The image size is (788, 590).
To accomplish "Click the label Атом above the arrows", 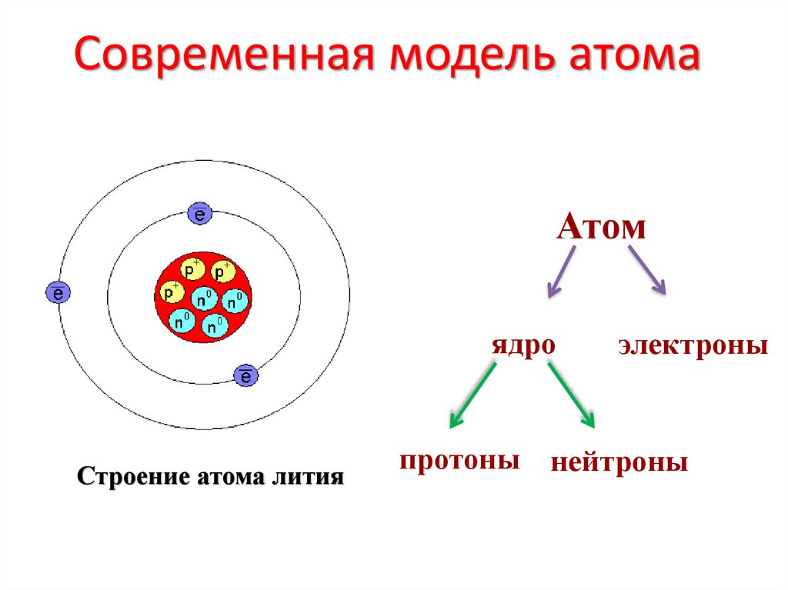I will [x=600, y=228].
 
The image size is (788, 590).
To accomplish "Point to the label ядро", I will [x=523, y=345].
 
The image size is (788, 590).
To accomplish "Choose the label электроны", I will [x=693, y=345].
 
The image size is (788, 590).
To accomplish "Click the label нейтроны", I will [x=619, y=464].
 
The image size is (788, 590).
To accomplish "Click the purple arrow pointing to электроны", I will [x=646, y=269].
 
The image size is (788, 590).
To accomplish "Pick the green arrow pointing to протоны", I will [x=472, y=395].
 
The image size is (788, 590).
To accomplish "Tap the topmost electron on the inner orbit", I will [x=199, y=215].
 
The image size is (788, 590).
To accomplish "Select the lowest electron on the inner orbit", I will [x=246, y=375].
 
